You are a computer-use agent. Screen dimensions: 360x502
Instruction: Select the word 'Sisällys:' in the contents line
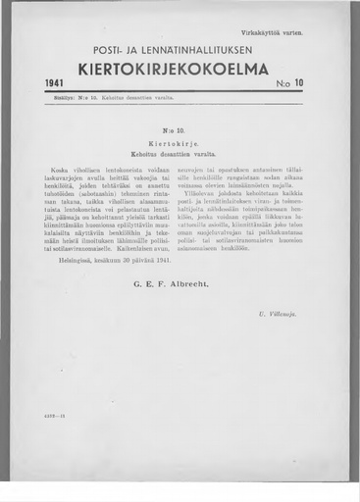click(61, 98)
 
